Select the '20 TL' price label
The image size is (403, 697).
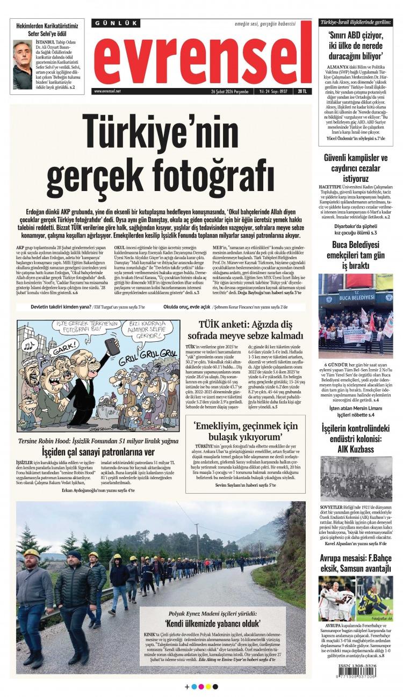coord(303,91)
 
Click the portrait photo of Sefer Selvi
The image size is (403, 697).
coord(22,65)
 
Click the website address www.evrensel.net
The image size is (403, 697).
coord(107,91)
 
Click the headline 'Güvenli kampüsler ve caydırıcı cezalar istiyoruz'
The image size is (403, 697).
coord(355,168)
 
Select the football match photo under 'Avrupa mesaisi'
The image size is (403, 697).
coord(355,599)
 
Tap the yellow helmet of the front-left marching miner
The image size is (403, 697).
coord(31,553)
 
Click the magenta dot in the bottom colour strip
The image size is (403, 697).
coord(201,686)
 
